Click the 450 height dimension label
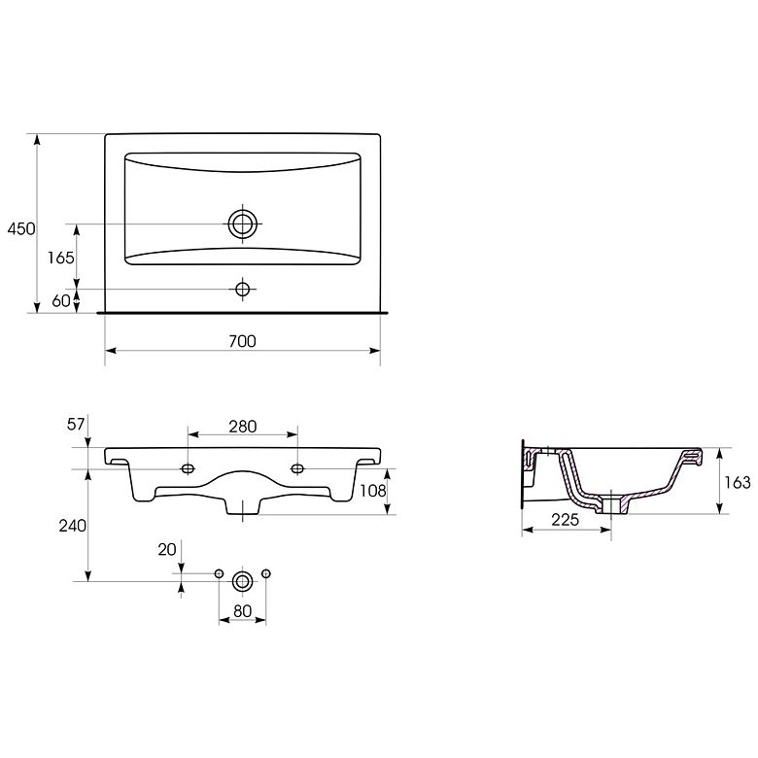point(21,228)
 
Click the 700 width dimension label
point(242,341)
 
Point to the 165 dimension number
point(61,258)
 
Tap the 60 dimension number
point(61,300)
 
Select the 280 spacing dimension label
point(243,427)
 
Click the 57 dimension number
point(76,424)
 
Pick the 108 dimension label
point(373,491)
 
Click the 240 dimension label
point(73,526)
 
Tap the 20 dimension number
point(167,550)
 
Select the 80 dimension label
point(242,611)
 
